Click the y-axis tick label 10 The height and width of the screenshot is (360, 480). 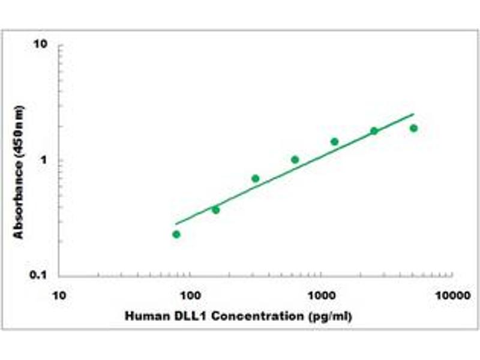point(41,44)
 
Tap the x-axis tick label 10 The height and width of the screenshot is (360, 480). point(59,296)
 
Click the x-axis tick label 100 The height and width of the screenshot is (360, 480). point(190,296)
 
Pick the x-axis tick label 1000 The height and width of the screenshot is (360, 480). point(321,296)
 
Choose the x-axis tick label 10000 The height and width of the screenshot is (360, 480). point(452,296)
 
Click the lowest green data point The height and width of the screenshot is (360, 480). point(176,234)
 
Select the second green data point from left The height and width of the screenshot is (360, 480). point(215,209)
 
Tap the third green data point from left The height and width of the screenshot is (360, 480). point(255,178)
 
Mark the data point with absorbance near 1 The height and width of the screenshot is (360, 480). point(295,159)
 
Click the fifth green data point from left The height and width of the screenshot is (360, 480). point(334,142)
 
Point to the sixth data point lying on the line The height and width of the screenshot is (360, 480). point(374,131)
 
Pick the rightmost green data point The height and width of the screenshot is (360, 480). point(413,128)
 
